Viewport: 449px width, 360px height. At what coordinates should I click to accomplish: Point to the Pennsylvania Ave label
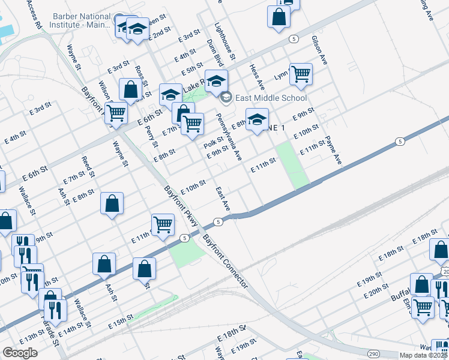tap(229, 137)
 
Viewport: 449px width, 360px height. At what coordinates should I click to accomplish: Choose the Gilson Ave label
tap(319, 50)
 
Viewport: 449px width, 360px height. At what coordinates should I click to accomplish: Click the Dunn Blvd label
tap(215, 52)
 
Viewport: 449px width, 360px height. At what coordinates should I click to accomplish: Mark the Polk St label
tap(213, 144)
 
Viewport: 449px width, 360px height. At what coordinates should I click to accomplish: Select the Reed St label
tap(89, 166)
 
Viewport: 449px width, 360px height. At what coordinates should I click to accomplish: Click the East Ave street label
tap(223, 197)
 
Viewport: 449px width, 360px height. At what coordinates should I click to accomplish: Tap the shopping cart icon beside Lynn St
tap(301, 74)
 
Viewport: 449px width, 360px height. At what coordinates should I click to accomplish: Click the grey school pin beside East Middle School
tap(226, 97)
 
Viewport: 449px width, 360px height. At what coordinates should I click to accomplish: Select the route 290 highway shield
tap(374, 354)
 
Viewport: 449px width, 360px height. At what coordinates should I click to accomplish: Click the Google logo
tap(20, 353)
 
